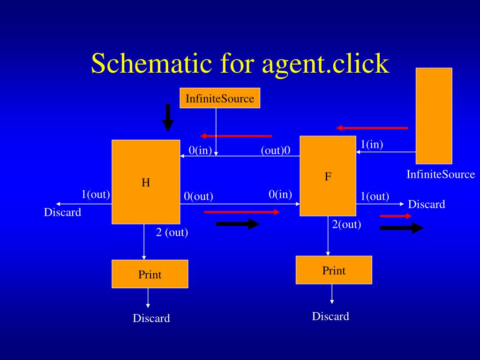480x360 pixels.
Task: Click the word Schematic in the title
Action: pos(151,63)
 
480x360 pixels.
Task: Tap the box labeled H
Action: pos(146,182)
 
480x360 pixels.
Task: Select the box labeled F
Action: pos(328,176)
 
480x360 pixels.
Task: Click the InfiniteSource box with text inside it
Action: pos(220,98)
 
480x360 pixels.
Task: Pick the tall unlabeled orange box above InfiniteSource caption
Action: pos(434,116)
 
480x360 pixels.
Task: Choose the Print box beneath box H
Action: pos(150,274)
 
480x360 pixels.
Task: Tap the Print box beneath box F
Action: pos(334,270)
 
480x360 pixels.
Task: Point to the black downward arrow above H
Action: pos(168,118)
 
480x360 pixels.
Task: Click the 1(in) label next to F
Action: pos(372,144)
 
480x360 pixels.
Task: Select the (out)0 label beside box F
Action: pos(276,150)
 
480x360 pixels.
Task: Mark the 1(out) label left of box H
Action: pos(96,194)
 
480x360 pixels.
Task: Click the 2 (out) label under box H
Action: pos(172,232)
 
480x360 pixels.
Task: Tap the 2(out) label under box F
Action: pos(346,224)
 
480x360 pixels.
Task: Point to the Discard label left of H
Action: pos(62,212)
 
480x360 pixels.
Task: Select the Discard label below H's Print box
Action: pos(151,318)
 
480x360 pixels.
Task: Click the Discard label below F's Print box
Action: pos(330,316)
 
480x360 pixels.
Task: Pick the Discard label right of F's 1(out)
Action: pos(427,204)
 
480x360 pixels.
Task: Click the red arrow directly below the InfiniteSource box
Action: pos(236,136)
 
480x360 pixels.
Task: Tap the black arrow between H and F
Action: pos(237,224)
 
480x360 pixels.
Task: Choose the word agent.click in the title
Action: pos(325,63)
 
